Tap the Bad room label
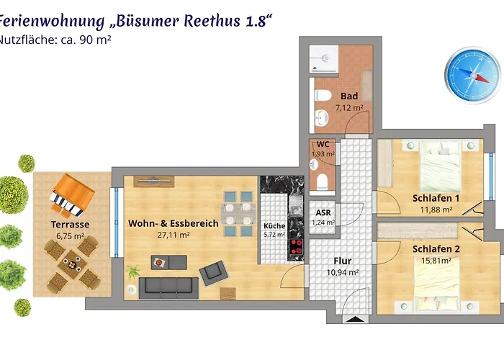click(349, 96)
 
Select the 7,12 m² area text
click(349, 108)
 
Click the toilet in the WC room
click(324, 179)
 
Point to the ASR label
click(323, 212)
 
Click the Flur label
click(342, 261)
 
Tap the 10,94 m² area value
click(343, 273)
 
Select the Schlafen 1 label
click(436, 199)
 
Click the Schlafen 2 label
click(436, 249)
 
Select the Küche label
click(274, 225)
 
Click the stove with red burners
click(296, 247)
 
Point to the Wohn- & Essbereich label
click(174, 224)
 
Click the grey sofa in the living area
click(168, 287)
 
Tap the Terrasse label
click(70, 225)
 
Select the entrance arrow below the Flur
click(352, 319)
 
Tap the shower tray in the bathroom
click(328, 57)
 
